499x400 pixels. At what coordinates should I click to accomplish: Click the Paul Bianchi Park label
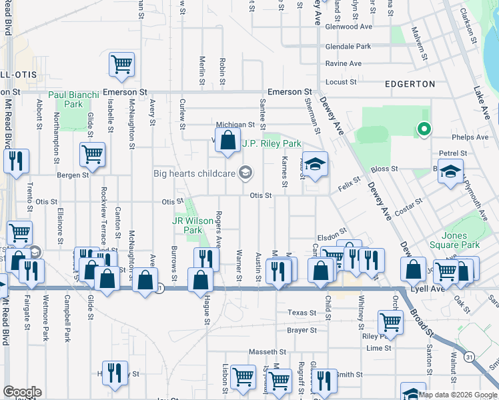coord(73,100)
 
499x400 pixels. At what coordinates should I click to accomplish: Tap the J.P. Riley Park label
coord(272,143)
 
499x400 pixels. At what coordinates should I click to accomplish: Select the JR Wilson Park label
coord(187,225)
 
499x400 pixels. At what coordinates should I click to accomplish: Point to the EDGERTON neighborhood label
coord(410,84)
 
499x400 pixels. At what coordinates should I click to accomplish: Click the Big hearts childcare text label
coord(195,174)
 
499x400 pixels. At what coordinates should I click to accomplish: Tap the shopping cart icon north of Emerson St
coord(122,64)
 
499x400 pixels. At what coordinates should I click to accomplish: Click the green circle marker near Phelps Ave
coord(423,129)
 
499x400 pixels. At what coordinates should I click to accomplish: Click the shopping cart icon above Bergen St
coord(92,154)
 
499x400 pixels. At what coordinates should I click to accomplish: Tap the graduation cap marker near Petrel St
coord(451,170)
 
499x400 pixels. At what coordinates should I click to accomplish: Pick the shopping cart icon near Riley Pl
coord(390,321)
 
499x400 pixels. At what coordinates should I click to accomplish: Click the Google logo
coord(21,392)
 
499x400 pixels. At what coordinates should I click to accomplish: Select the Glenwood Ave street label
coord(348,27)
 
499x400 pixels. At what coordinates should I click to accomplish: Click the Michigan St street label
coord(235,125)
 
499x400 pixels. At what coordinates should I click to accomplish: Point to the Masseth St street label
coord(268,351)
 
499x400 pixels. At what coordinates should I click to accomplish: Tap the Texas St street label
coord(302,313)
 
